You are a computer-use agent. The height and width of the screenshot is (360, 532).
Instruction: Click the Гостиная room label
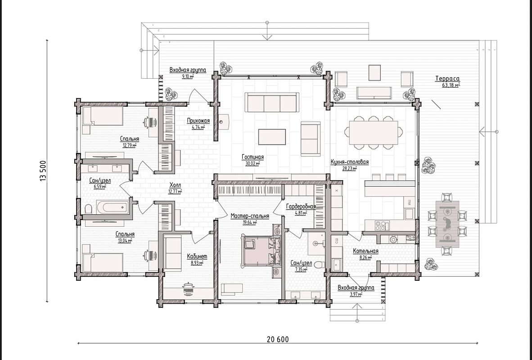pyautogui.click(x=253, y=157)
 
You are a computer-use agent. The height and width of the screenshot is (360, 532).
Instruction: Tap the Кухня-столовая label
pyautogui.click(x=349, y=162)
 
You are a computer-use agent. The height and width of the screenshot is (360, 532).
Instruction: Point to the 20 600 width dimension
pyautogui.click(x=278, y=339)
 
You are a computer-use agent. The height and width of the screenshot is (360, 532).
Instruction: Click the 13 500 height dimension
pyautogui.click(x=43, y=171)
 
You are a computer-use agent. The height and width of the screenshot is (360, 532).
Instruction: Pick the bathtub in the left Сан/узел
pyautogui.click(x=113, y=207)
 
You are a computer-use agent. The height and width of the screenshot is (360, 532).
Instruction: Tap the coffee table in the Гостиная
pyautogui.click(x=272, y=137)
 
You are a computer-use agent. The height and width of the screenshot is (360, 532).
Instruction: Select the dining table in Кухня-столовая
pyautogui.click(x=374, y=133)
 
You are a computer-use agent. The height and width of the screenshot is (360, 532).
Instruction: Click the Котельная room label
pyautogui.click(x=365, y=252)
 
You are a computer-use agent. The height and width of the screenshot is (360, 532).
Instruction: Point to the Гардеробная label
pyautogui.click(x=301, y=207)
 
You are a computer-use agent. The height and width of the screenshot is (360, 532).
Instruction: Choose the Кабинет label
pyautogui.click(x=197, y=256)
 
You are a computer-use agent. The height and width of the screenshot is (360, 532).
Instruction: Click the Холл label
pyautogui.click(x=175, y=185)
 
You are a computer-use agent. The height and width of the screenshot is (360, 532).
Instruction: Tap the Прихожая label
pyautogui.click(x=198, y=121)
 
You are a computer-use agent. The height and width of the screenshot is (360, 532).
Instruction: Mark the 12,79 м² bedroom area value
pyautogui.click(x=130, y=145)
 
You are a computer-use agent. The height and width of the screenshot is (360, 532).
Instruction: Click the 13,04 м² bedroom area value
pyautogui.click(x=125, y=241)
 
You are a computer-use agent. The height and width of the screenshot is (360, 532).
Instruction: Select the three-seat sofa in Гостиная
pyautogui.click(x=272, y=103)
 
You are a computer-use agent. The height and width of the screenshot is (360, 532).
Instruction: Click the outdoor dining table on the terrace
pyautogui.click(x=447, y=224)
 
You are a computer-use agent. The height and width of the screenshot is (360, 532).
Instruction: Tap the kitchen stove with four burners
pyautogui.click(x=382, y=225)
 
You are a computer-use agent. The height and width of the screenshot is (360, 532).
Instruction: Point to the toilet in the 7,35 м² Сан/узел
pyautogui.click(x=319, y=265)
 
